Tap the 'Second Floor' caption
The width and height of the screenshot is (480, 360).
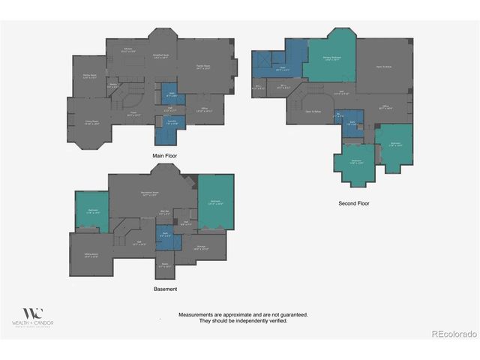pyautogui.click(x=354, y=203)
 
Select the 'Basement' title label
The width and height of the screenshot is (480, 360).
pyautogui.click(x=165, y=289)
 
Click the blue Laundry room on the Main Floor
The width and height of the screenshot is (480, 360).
pyautogui.click(x=171, y=126)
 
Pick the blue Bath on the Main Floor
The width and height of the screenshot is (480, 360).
pyautogui.click(x=171, y=96)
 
